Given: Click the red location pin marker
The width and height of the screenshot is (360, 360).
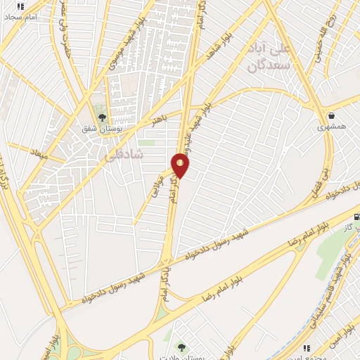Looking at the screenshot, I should pyautogui.click(x=181, y=165).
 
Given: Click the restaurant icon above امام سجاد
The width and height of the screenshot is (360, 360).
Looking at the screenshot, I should pyautogui.click(x=20, y=6).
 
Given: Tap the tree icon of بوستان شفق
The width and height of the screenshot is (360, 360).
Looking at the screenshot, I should pyautogui.click(x=102, y=118).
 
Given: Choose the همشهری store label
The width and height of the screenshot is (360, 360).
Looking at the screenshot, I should pyautogui.click(x=330, y=127).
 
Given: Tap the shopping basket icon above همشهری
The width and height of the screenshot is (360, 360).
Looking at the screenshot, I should pyautogui.click(x=330, y=115).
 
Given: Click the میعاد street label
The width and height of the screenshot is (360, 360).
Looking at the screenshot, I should pyautogui.click(x=39, y=153).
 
